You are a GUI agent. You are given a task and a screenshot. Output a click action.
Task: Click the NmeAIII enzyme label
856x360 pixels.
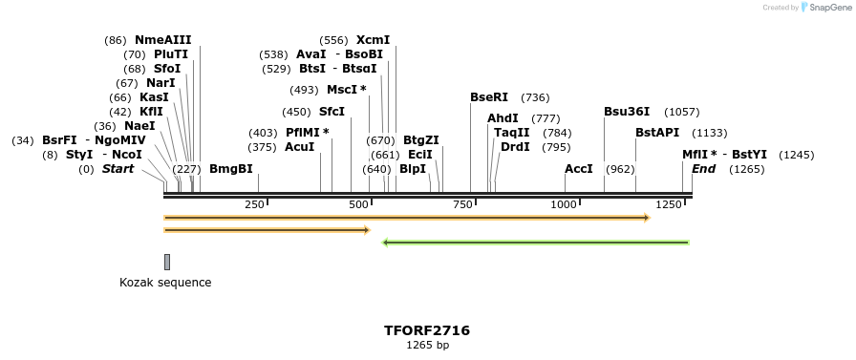point(162,40)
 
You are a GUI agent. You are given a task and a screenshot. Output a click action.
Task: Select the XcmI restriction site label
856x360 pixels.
point(373,40)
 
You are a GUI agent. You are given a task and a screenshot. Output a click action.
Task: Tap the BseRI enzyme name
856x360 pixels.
point(489,97)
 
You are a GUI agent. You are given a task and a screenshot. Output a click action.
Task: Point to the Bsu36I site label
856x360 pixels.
point(627,112)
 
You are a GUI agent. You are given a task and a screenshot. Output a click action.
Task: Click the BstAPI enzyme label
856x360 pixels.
point(657,133)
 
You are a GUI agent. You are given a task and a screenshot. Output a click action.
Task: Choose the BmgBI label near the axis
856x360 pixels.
point(231,169)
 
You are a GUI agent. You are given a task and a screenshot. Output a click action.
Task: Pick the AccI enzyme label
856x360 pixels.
point(579,169)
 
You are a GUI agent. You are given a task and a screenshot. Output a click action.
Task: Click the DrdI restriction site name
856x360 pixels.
point(515,147)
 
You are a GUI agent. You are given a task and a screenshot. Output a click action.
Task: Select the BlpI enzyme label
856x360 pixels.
point(413,169)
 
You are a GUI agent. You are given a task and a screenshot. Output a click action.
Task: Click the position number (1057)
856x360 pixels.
point(682,112)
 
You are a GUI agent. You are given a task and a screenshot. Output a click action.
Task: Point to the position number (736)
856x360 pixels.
point(535,97)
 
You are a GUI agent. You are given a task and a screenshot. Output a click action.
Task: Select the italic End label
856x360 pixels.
point(704,169)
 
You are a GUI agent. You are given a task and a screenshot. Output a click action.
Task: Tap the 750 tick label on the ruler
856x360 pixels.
point(463,205)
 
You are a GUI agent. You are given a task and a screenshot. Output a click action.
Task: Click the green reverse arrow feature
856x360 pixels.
point(535,243)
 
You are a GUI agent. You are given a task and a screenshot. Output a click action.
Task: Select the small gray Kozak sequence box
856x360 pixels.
point(167,262)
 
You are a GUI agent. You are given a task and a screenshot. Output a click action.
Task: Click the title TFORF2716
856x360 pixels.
point(427,330)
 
